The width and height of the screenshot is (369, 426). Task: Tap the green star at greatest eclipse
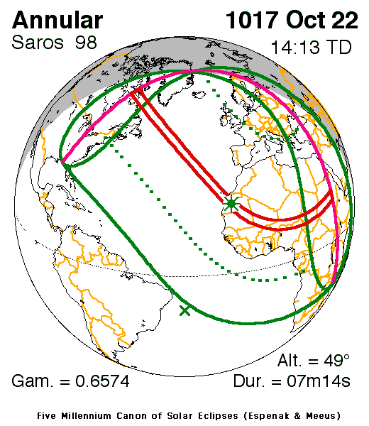pyautogui.click(x=231, y=204)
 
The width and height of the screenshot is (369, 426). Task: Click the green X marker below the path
pyautogui.click(x=185, y=310)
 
